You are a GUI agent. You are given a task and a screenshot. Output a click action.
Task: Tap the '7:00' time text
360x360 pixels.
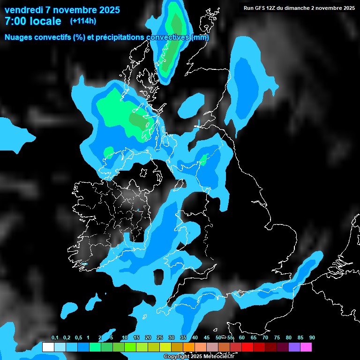[15, 21]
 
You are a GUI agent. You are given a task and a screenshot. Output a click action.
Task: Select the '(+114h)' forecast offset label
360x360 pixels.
[83, 21]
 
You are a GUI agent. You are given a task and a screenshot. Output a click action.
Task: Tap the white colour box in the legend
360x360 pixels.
[48, 347]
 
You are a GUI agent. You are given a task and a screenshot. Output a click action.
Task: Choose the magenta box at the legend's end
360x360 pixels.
[306, 347]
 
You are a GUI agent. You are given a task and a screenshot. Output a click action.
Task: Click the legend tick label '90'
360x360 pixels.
[312, 338]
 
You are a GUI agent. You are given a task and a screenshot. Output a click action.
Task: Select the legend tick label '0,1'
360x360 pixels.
[54, 338]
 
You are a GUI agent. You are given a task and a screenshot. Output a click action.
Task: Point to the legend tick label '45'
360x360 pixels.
[207, 338]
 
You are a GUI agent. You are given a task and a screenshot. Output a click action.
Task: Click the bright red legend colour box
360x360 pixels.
[247, 347]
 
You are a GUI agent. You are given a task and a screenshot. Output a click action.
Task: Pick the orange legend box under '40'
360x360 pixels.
[188, 347]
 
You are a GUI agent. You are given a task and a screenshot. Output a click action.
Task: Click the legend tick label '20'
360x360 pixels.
[148, 338]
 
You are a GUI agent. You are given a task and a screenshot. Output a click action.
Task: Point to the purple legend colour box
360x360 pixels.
[294, 347]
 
